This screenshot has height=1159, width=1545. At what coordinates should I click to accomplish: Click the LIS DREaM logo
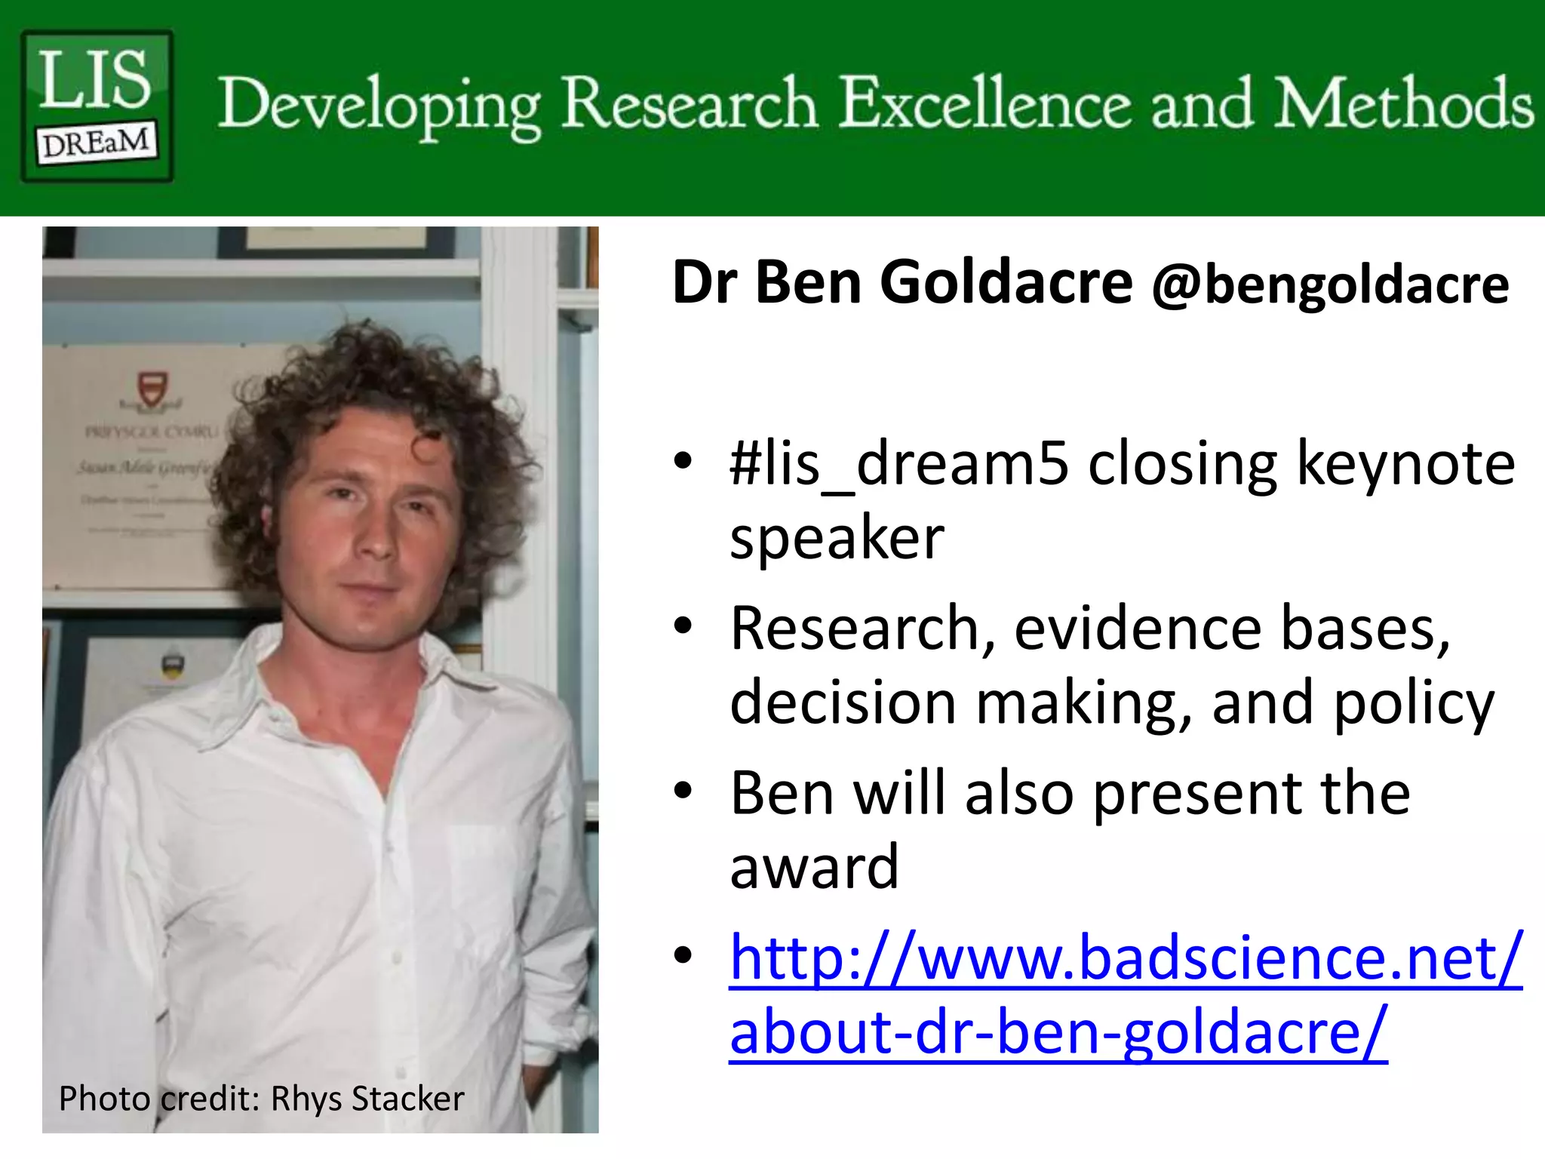tap(97, 105)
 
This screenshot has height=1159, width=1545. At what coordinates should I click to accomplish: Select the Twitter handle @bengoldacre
tap(1330, 285)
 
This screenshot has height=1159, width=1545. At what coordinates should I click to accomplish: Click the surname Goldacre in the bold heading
tap(1006, 282)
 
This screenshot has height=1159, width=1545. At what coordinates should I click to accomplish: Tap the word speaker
tap(837, 539)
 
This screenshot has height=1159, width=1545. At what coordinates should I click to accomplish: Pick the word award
tap(814, 867)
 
